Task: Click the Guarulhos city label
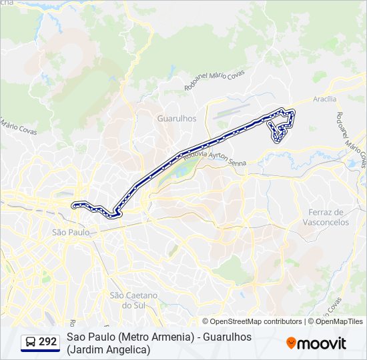click(177, 118)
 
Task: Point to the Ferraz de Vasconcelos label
click(328, 217)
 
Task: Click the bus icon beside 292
click(30, 342)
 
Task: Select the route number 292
click(47, 342)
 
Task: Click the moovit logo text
click(322, 343)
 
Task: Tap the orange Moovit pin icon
click(291, 343)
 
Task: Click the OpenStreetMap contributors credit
click(252, 321)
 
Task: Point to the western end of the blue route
click(73, 205)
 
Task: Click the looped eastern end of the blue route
click(281, 125)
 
